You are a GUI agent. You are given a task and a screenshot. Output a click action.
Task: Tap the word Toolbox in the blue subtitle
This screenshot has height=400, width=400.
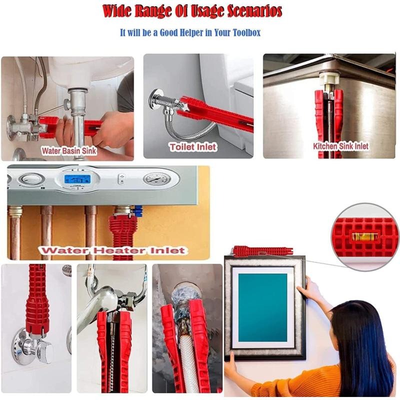[246, 33]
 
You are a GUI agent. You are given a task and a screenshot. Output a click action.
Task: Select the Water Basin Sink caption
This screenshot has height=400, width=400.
[69, 151]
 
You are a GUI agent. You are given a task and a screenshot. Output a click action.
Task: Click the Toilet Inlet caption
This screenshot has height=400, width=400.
[193, 147]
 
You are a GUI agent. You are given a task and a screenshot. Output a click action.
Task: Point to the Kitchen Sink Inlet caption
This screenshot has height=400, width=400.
[341, 146]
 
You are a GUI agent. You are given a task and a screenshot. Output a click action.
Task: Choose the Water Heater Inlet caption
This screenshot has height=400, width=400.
[113, 250]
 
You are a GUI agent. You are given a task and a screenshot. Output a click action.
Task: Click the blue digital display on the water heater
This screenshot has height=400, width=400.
[77, 179]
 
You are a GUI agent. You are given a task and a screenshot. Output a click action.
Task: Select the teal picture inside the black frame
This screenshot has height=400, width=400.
[263, 307]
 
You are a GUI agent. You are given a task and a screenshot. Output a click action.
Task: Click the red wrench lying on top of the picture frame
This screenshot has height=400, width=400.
[263, 251]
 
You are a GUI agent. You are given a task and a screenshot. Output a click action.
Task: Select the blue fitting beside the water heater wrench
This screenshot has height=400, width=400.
[138, 211]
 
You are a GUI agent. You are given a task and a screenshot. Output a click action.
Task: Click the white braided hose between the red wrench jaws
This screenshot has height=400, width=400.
[188, 362]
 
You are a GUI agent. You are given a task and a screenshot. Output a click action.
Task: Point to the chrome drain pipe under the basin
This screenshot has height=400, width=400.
[78, 120]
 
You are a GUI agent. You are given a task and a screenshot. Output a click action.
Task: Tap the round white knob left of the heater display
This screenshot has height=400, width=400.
[30, 179]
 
